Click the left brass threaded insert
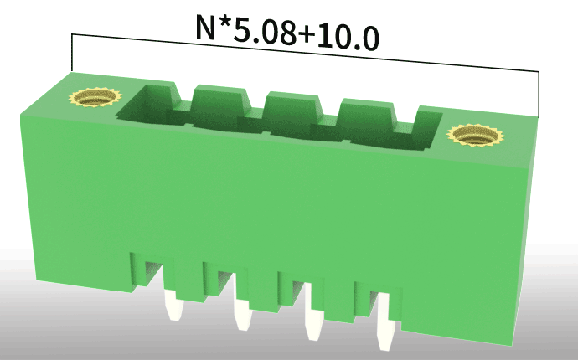(95, 98)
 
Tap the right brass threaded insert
(476, 136)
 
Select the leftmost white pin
(173, 305)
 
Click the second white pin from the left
(243, 314)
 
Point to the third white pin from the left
(314, 323)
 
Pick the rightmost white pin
(386, 321)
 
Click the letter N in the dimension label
(205, 27)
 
